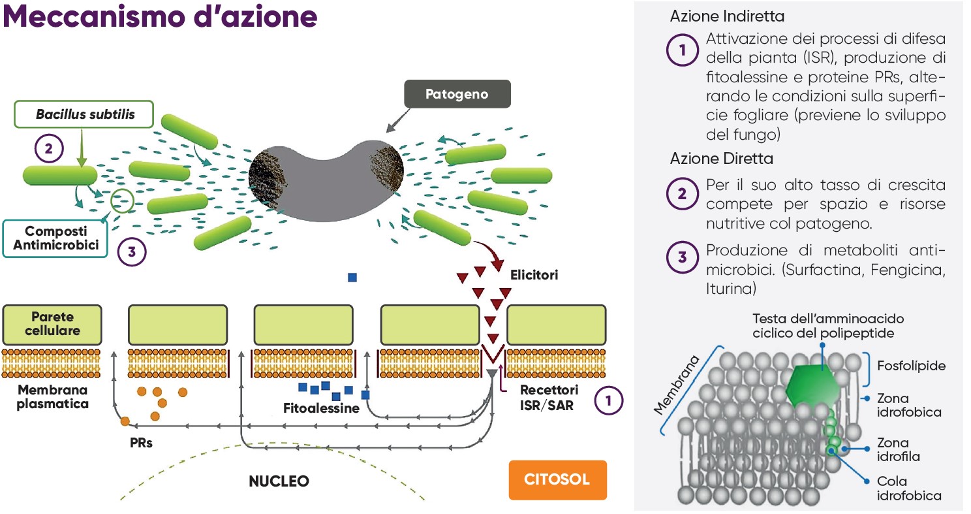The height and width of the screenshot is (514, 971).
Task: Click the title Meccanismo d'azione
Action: (160, 18)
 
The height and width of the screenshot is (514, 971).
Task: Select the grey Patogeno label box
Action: (457, 95)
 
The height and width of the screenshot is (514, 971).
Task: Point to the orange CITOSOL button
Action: (557, 479)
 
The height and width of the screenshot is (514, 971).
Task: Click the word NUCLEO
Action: (279, 481)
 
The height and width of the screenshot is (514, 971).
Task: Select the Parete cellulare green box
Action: (52, 324)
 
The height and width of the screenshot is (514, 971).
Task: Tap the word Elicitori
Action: (534, 275)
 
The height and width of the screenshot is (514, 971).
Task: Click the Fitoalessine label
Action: (321, 409)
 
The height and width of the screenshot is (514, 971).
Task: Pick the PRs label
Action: (141, 442)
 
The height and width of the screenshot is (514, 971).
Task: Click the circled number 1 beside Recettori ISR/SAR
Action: (609, 402)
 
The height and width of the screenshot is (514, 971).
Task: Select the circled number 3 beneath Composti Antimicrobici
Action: (132, 253)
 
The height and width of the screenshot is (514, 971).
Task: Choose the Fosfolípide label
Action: (911, 366)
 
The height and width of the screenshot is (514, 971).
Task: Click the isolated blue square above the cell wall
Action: (352, 277)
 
